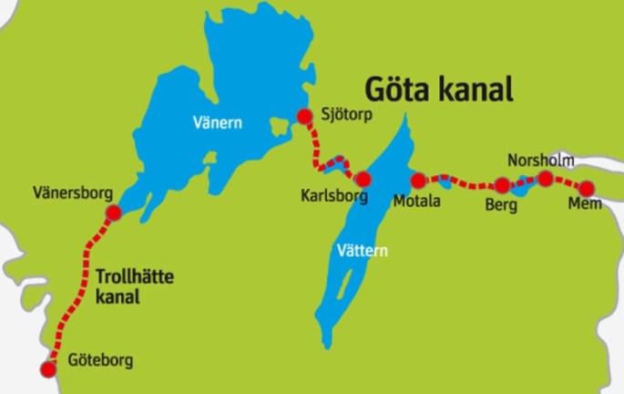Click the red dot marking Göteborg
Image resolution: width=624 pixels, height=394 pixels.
pos(48,368)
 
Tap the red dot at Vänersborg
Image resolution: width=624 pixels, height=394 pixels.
pos(114,213)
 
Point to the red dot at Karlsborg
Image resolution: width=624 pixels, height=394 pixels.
pos(363,179)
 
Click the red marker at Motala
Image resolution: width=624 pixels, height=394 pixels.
pos(419,181)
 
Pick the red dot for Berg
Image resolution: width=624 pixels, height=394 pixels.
pos(502,185)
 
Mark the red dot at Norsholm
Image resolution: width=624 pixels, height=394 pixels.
pos(545,179)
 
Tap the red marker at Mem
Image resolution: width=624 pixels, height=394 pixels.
pos(588,188)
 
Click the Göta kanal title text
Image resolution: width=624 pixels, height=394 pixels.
pos(439,89)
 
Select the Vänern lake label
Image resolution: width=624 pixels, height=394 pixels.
pos(218,123)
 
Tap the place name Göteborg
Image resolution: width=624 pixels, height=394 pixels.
pos(100,360)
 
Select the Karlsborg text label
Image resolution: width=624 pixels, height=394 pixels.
pos(333,197)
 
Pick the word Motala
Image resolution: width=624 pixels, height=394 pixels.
pos(416,201)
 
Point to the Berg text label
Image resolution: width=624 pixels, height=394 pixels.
pos(502,206)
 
